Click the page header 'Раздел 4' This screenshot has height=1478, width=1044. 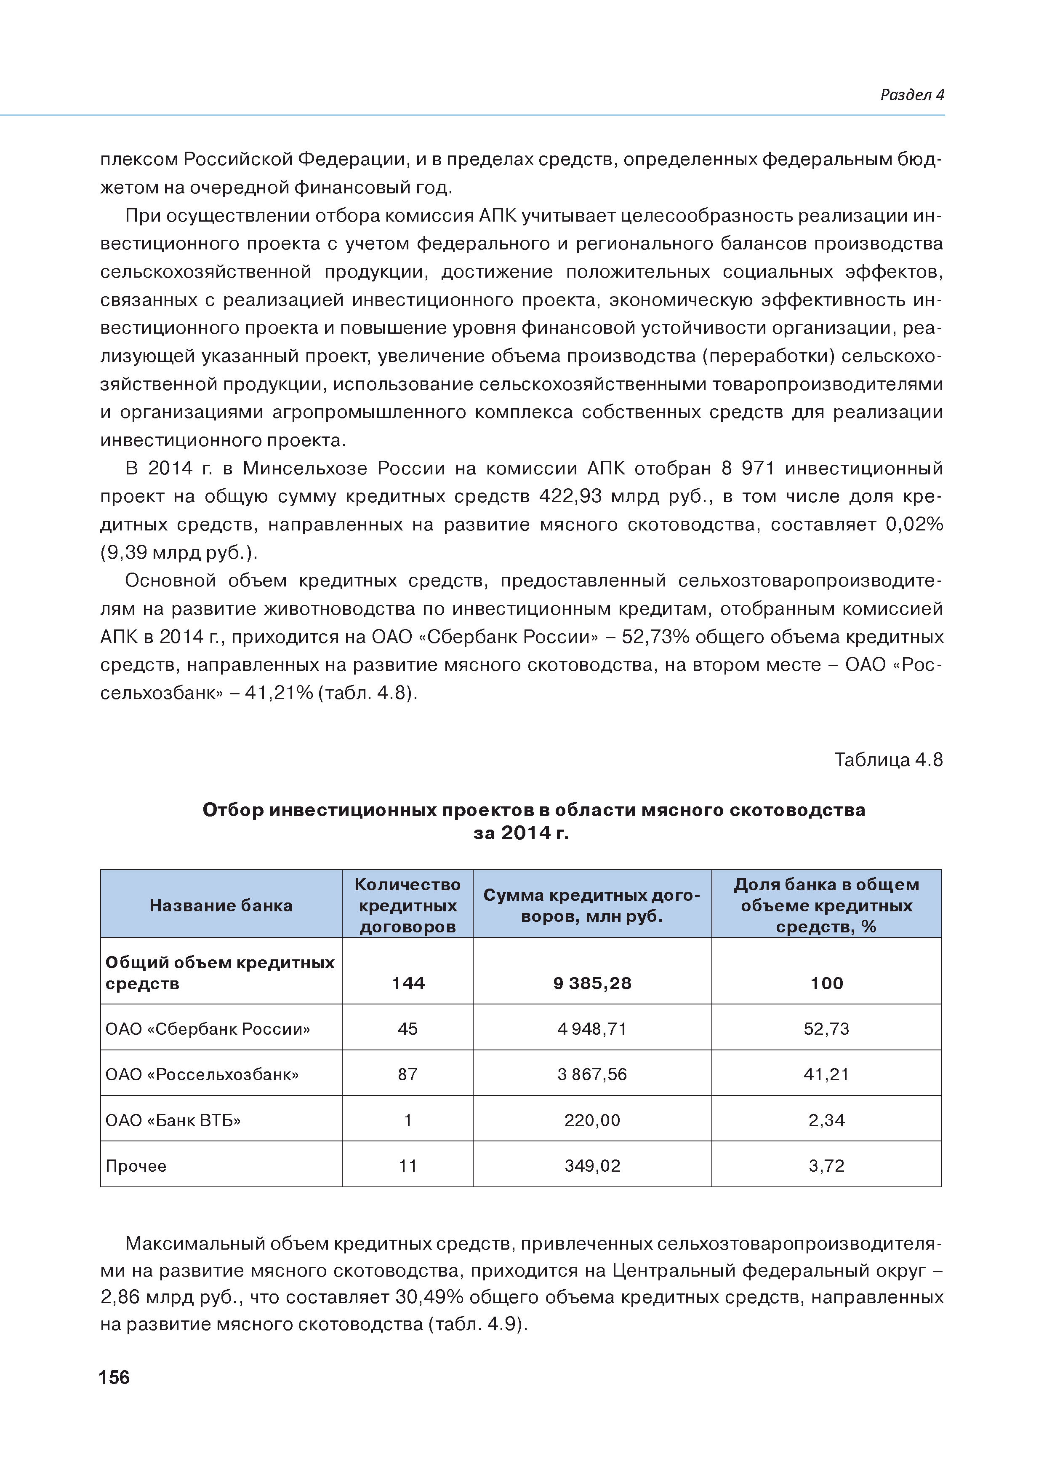coord(911,95)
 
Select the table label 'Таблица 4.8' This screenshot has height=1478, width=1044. coord(888,760)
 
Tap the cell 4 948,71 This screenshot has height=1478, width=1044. coord(592,1029)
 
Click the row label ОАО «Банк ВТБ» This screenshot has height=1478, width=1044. coord(173,1120)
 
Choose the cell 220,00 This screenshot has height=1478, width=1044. coord(592,1120)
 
